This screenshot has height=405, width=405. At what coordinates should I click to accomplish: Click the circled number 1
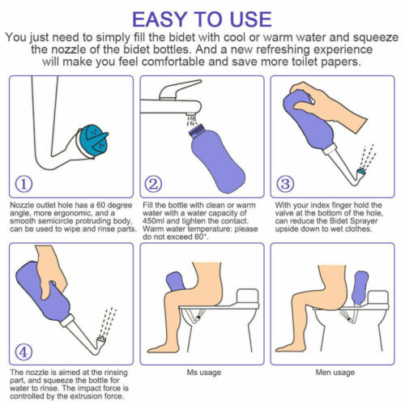point(23,184)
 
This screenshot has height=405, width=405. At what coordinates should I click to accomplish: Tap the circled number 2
point(153,184)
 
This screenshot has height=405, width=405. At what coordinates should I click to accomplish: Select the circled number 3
point(285,184)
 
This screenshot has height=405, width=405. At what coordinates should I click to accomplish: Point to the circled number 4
point(23,352)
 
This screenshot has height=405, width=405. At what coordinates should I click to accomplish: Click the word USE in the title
point(251,19)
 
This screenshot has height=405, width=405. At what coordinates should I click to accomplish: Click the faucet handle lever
point(180,90)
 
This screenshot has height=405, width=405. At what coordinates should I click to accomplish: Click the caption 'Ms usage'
point(204,373)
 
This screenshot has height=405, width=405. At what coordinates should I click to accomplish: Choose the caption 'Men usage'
point(335,373)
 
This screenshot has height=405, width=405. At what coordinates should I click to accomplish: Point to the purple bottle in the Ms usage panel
point(176,282)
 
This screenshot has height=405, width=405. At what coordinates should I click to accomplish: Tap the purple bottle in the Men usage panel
point(360,288)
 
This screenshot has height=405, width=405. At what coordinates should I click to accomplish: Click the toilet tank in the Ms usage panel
point(248,296)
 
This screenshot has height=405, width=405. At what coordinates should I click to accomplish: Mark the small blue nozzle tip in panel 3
point(361,171)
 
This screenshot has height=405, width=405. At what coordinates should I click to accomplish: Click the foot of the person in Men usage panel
point(285,347)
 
